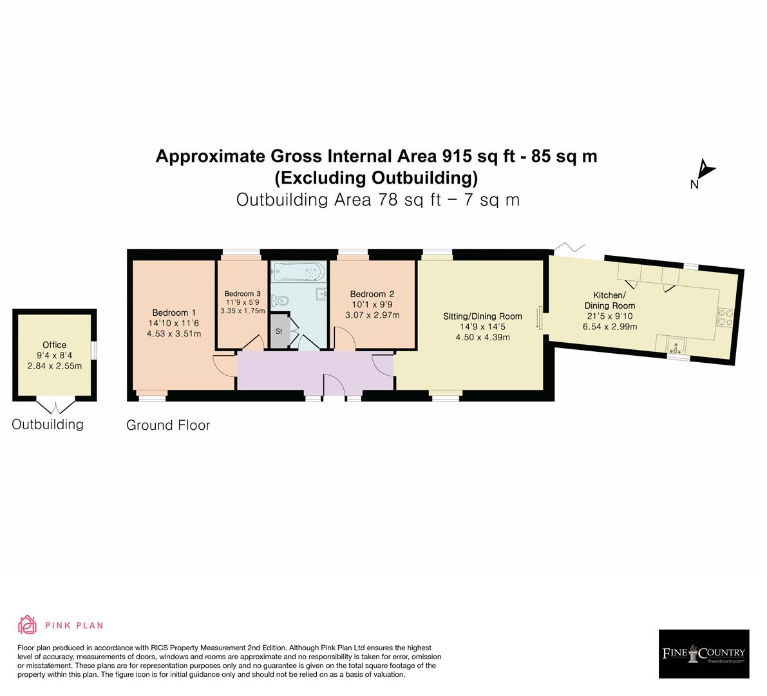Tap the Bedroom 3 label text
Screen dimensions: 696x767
(x=243, y=293)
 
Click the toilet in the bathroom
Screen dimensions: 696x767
(x=279, y=300)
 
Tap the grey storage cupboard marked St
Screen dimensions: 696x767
(x=279, y=331)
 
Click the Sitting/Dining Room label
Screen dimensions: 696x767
(x=482, y=316)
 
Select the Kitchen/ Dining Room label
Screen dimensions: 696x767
(x=609, y=300)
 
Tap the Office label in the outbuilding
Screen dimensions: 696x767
(x=54, y=345)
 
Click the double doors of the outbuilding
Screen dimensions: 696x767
(x=54, y=405)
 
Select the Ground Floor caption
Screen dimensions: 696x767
(x=168, y=425)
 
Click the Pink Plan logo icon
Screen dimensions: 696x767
(x=28, y=624)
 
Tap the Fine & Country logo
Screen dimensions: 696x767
(x=704, y=653)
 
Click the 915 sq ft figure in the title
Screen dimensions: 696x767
(x=481, y=156)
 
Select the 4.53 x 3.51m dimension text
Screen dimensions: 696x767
(x=173, y=334)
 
